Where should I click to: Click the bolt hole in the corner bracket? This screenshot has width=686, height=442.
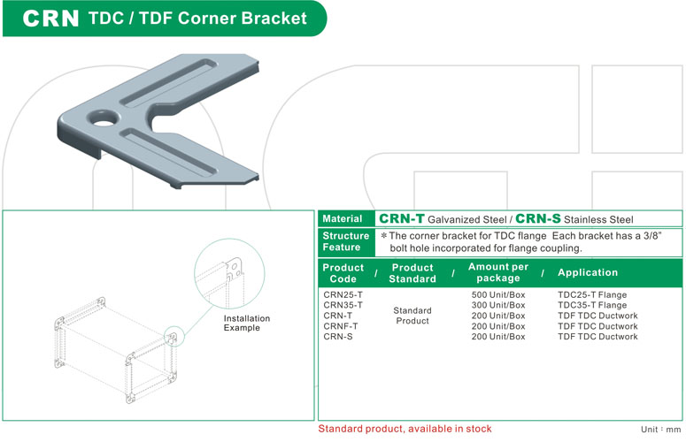tap(105, 118)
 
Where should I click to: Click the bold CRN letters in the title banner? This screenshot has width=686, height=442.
tap(50, 19)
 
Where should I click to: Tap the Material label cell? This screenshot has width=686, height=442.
tap(343, 219)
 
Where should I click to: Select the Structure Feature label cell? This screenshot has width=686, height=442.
tap(345, 241)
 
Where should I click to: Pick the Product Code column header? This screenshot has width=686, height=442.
tap(343, 273)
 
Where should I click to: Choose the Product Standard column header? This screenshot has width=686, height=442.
tap(412, 273)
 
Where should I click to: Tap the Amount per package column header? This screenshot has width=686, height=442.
tap(497, 272)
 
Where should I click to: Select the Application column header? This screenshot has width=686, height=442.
tap(588, 273)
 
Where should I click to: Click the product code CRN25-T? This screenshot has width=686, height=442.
tap(343, 294)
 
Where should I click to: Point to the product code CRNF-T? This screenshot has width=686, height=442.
tap(341, 326)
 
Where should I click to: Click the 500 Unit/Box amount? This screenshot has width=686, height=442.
tap(498, 294)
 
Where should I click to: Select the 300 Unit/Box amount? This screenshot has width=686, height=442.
tap(498, 305)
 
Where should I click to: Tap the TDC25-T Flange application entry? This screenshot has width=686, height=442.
tap(592, 294)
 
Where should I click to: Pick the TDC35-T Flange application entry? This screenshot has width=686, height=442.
tap(592, 305)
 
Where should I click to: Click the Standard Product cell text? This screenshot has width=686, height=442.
tap(412, 316)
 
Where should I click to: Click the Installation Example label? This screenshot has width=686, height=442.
tap(247, 323)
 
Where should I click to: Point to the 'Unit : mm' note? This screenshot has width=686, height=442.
tap(660, 430)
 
